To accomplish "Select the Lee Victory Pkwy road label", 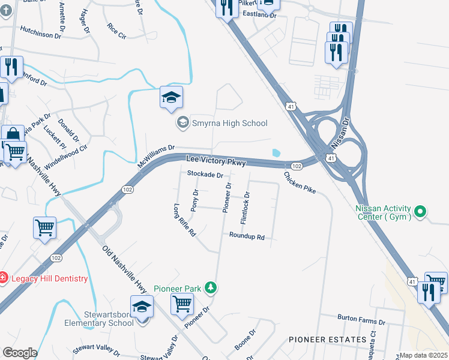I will [215, 161].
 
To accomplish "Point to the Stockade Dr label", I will [205, 175].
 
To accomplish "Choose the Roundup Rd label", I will [247, 237].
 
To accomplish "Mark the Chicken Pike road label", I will [300, 182].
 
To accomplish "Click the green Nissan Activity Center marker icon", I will [420, 211].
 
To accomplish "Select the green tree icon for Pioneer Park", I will [210, 289].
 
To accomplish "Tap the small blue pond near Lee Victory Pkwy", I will [276, 153].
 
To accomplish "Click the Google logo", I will [19, 353].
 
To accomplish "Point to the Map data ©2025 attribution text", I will [423, 355].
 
